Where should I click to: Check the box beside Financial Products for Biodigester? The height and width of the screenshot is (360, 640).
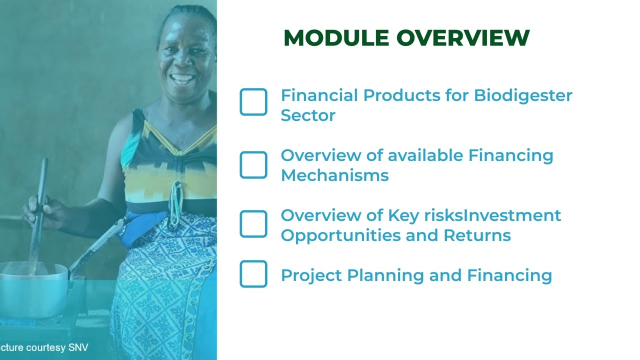pos(253,102)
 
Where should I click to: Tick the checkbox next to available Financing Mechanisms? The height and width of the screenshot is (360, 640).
pos(253,165)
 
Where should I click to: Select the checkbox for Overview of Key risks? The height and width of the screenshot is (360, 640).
pos(253,224)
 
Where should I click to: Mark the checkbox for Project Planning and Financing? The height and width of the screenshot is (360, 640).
pos(253,274)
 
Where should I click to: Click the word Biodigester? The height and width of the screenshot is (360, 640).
pos(523,95)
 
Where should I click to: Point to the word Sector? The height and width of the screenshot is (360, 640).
pos(307,115)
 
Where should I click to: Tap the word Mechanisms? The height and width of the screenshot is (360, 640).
pos(334,175)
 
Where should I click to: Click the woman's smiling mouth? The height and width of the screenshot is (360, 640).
pos(183,78)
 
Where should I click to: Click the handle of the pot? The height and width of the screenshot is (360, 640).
pos(95,247)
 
